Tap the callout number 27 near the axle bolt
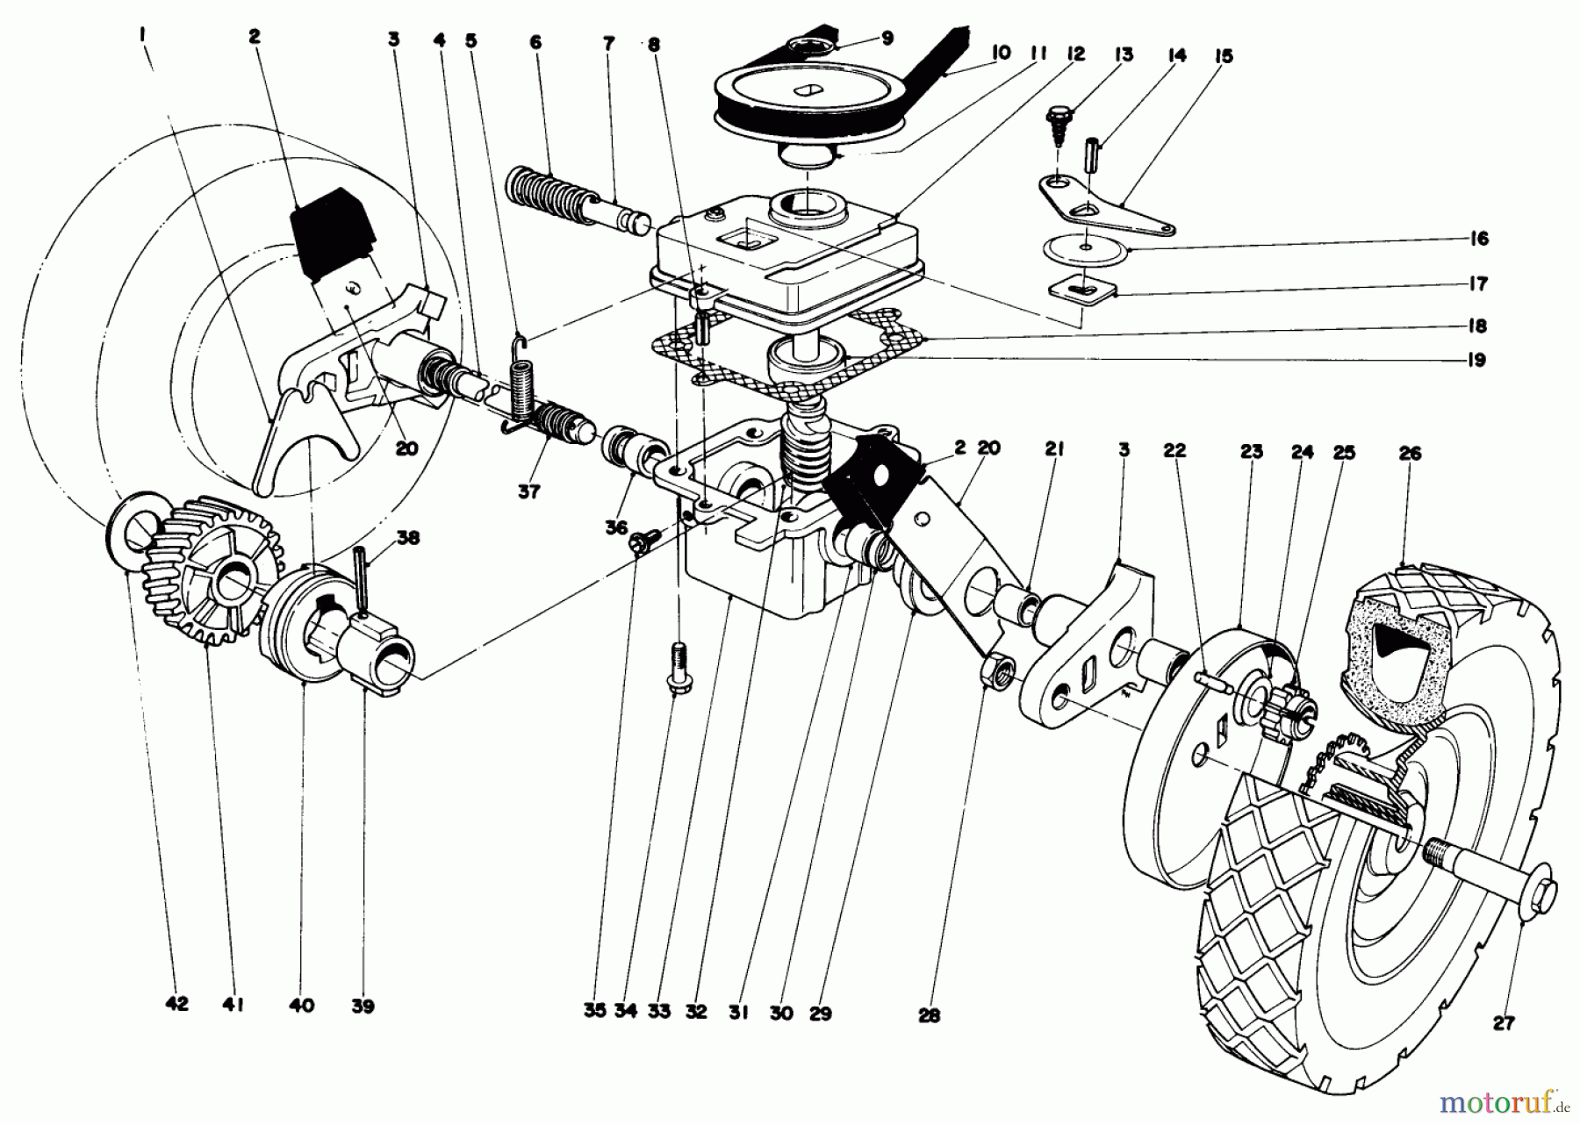pyautogui.click(x=1505, y=1021)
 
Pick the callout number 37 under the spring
pyautogui.click(x=528, y=491)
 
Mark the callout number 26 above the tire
pyautogui.click(x=1411, y=454)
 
